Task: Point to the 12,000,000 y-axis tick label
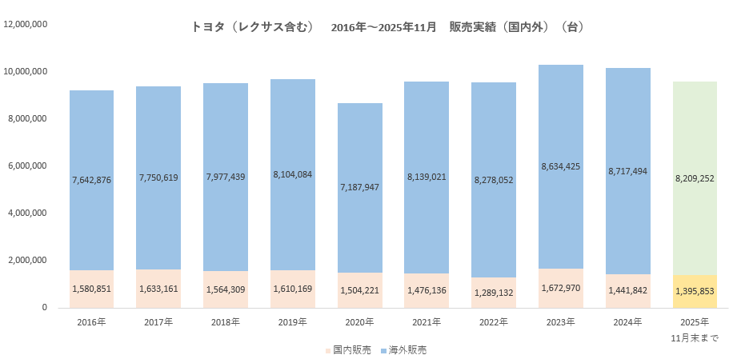[26, 24]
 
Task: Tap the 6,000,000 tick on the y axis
[26, 166]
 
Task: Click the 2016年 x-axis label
[90, 321]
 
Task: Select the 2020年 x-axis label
[359, 321]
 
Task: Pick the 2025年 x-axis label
[695, 321]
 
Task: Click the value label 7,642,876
[91, 180]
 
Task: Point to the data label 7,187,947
[359, 187]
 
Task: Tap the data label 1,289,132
[494, 293]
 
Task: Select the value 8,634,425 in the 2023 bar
[561, 166]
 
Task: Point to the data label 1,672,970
[561, 288]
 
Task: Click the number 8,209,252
[695, 180]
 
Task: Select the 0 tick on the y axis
[45, 307]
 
